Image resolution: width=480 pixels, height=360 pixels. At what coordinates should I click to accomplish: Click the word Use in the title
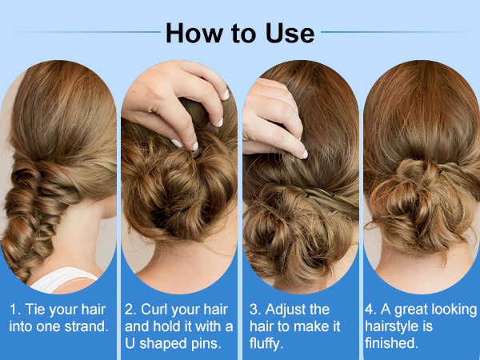click(290, 33)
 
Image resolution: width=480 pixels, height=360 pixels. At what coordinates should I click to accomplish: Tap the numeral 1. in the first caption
click(15, 309)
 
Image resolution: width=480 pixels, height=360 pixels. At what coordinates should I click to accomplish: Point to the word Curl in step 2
click(154, 309)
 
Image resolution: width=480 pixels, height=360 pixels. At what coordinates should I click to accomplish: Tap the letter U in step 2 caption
click(130, 343)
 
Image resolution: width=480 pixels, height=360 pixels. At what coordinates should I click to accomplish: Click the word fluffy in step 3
click(264, 344)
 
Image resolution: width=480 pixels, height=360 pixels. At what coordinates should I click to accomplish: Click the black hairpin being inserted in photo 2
click(198, 156)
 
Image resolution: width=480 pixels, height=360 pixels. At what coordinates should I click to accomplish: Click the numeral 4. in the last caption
click(370, 310)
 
